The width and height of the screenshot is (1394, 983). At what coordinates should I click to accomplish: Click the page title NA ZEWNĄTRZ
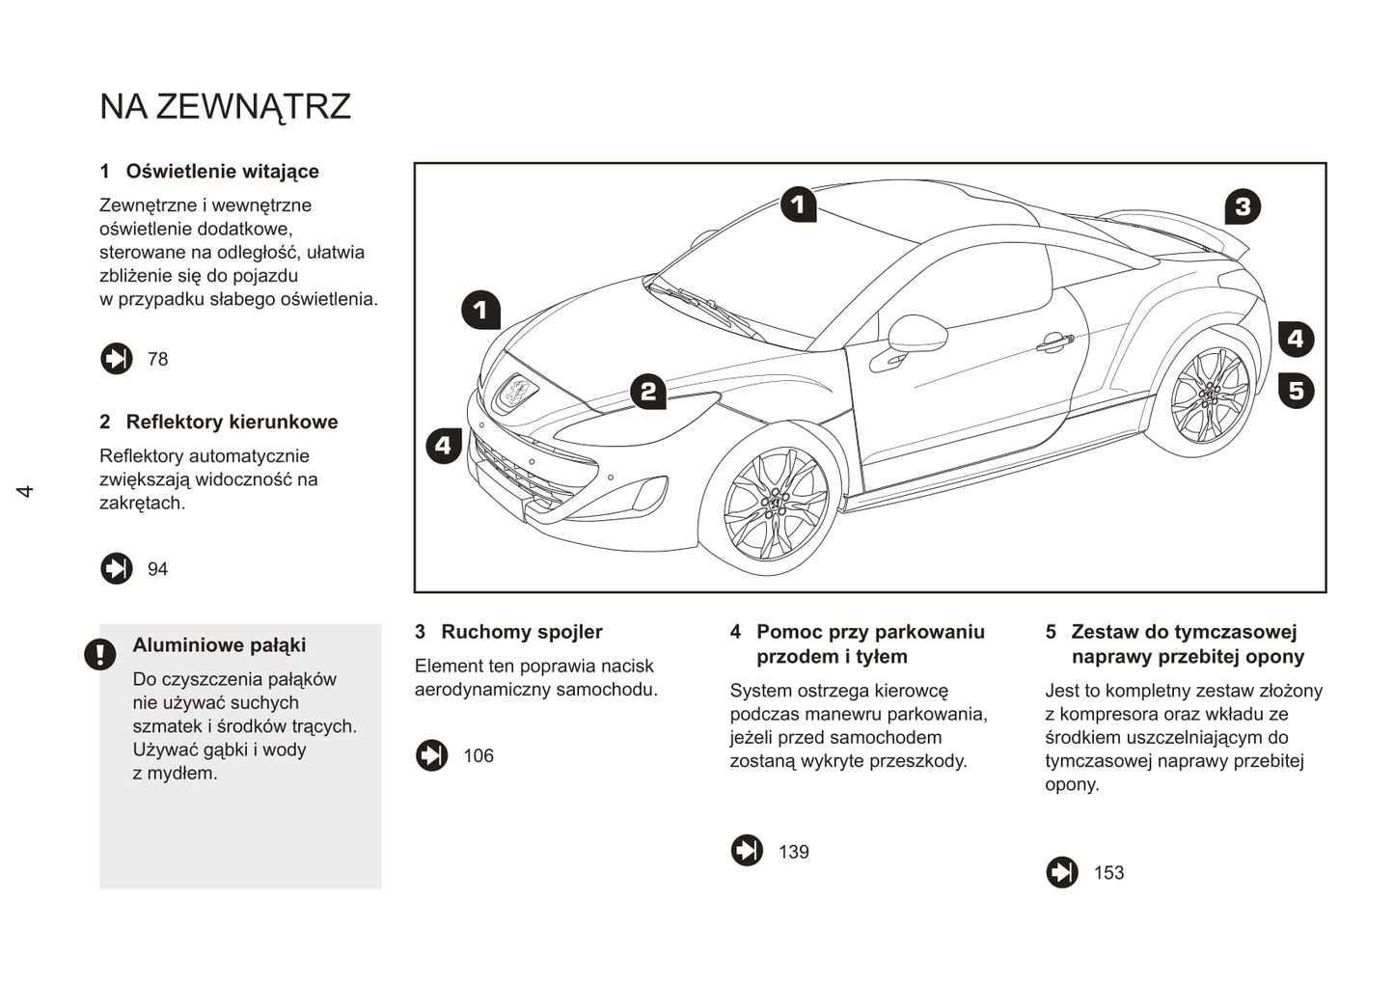pyautogui.click(x=225, y=106)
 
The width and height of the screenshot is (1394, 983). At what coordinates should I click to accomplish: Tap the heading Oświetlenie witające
pyautogui.click(x=222, y=172)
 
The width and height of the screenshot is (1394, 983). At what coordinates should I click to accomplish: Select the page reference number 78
pyautogui.click(x=157, y=359)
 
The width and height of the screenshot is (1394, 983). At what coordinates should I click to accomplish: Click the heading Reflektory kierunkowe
pyautogui.click(x=232, y=423)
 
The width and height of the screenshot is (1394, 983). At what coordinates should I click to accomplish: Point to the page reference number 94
pyautogui.click(x=157, y=569)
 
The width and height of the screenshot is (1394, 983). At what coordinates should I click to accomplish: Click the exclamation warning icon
pyautogui.click(x=99, y=654)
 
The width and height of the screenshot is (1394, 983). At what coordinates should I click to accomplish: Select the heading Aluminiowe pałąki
pyautogui.click(x=219, y=645)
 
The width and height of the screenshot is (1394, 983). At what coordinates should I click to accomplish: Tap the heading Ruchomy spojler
pyautogui.click(x=521, y=632)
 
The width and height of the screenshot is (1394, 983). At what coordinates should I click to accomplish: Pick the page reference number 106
pyautogui.click(x=478, y=755)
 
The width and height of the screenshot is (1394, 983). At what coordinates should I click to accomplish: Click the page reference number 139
pyautogui.click(x=793, y=852)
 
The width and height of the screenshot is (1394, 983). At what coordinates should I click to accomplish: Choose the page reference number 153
pyautogui.click(x=1108, y=873)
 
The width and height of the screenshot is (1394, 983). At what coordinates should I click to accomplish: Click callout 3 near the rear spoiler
pyautogui.click(x=1243, y=206)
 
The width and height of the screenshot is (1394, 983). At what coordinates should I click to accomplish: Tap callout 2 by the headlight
pyautogui.click(x=648, y=391)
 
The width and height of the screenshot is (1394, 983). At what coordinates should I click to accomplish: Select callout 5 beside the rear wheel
pyautogui.click(x=1296, y=390)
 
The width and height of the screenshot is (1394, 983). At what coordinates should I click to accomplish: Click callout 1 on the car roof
pyautogui.click(x=798, y=205)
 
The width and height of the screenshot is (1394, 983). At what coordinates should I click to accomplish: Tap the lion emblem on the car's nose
pyautogui.click(x=517, y=393)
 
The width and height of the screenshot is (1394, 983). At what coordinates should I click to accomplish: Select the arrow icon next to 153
pyautogui.click(x=1061, y=872)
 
